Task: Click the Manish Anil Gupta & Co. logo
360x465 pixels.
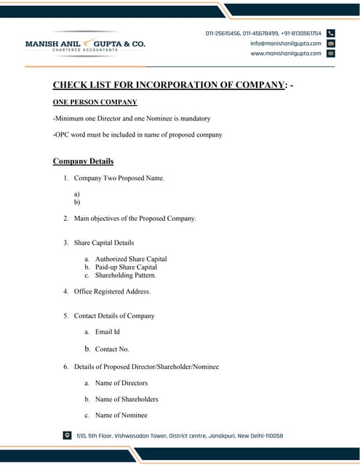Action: point(85,44)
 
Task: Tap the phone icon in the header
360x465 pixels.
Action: point(331,33)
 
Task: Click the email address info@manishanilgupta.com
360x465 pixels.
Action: point(286,44)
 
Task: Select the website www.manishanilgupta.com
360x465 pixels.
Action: point(286,53)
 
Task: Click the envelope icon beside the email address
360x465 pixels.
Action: point(331,44)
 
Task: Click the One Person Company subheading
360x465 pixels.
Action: point(95,102)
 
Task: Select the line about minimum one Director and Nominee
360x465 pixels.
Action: point(132,118)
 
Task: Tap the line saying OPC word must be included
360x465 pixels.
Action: point(137,134)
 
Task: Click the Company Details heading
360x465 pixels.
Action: point(83,161)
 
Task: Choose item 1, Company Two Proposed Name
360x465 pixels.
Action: point(119,178)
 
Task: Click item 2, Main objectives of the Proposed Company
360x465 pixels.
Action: point(135,218)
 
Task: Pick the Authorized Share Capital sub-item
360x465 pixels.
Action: point(131,259)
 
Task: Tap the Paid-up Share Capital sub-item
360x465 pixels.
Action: point(126,267)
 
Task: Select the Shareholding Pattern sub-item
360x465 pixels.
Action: point(126,275)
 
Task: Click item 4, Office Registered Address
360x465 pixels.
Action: point(112,291)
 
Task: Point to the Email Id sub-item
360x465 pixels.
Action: point(107,332)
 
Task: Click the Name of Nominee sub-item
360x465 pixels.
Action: point(121,415)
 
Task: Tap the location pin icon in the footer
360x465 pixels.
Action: point(68,435)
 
